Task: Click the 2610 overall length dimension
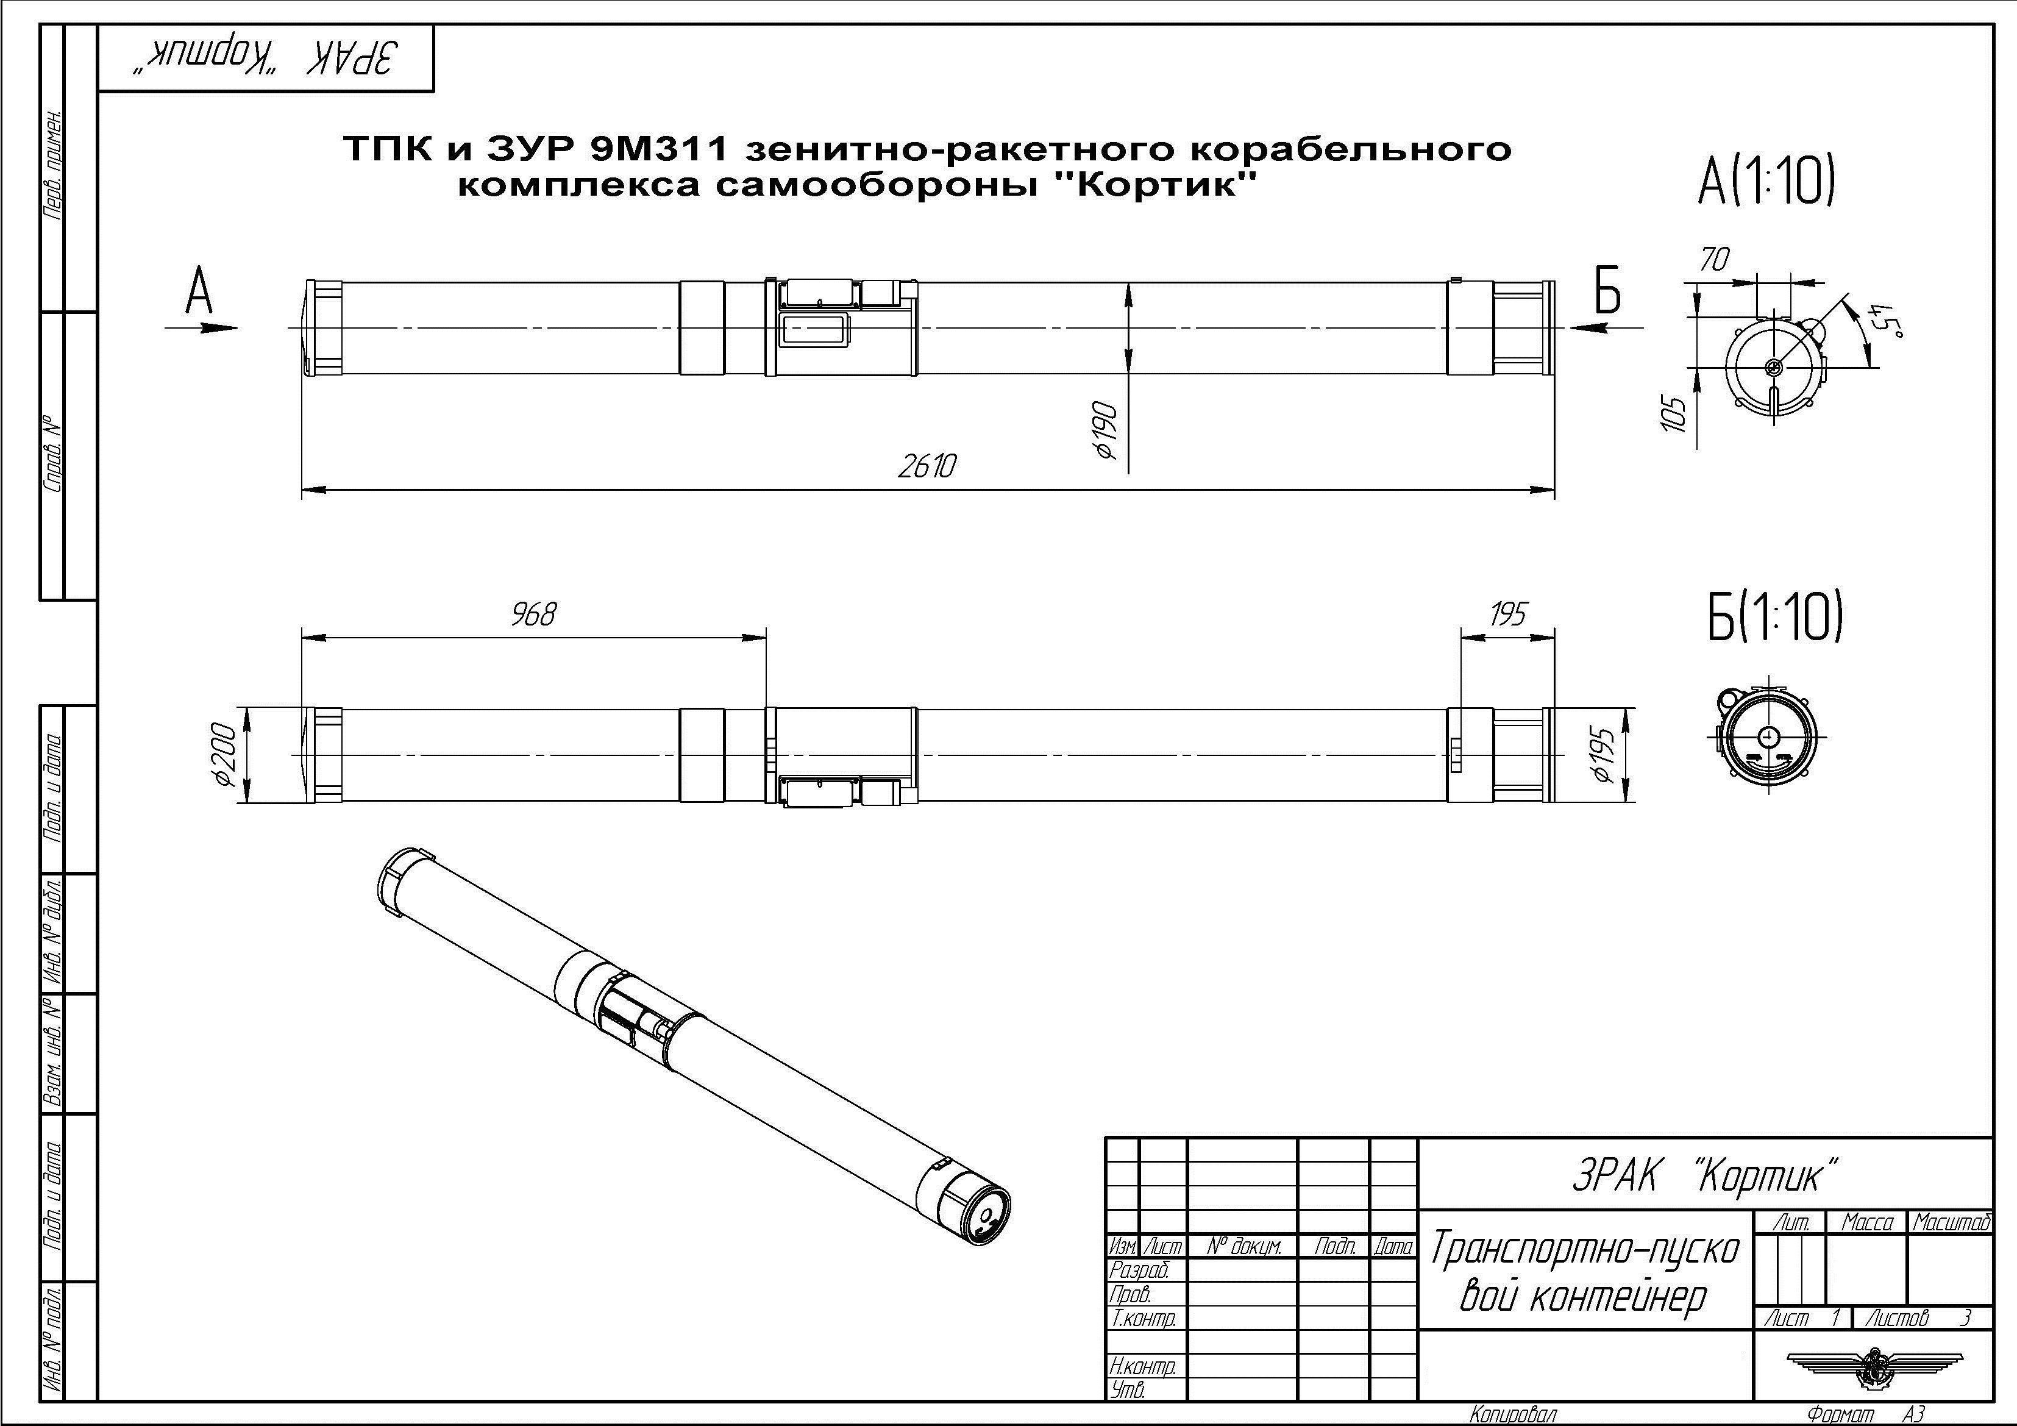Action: click(926, 466)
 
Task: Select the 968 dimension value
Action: click(534, 614)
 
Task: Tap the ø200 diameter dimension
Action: click(225, 755)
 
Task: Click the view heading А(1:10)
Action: click(1766, 183)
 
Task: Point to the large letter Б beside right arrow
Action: click(1607, 290)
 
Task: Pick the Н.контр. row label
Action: click(1142, 1366)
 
